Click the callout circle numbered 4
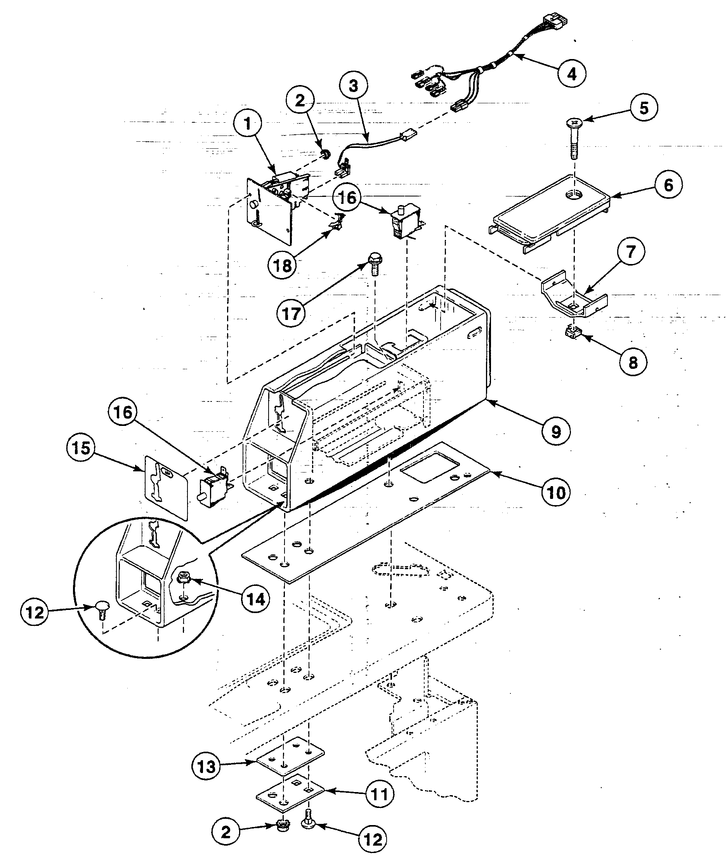(572, 74)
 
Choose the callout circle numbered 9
(556, 432)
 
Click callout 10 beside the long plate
(556, 492)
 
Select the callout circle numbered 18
(283, 266)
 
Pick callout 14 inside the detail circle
(255, 599)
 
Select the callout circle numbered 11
(380, 794)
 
